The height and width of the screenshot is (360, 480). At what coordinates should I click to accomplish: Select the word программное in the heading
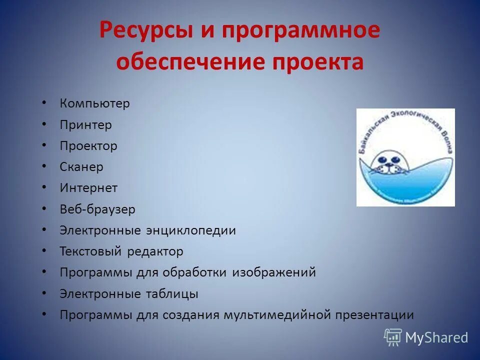301,31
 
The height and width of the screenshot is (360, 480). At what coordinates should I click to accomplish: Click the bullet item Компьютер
94,104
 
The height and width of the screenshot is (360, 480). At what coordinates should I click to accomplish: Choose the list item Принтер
85,125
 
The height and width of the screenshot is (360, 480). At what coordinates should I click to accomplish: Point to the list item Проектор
88,146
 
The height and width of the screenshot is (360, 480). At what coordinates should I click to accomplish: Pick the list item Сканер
81,167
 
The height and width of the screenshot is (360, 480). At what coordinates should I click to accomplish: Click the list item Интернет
88,188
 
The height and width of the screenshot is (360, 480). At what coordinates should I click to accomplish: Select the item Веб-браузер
97,209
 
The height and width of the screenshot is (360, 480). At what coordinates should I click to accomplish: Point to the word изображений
273,272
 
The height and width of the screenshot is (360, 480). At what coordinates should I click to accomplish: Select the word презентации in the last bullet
375,315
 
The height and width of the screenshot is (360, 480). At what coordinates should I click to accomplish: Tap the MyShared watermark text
436,337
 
